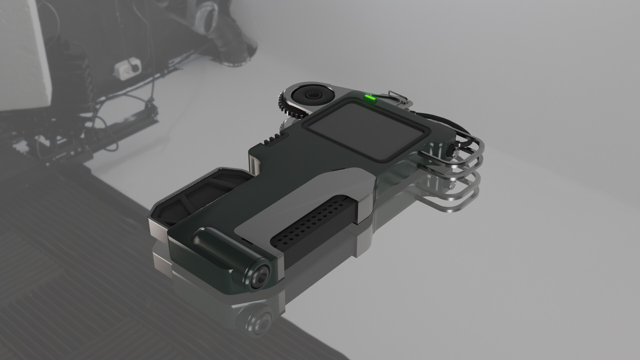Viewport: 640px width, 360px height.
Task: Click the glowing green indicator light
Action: pos(369,98)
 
